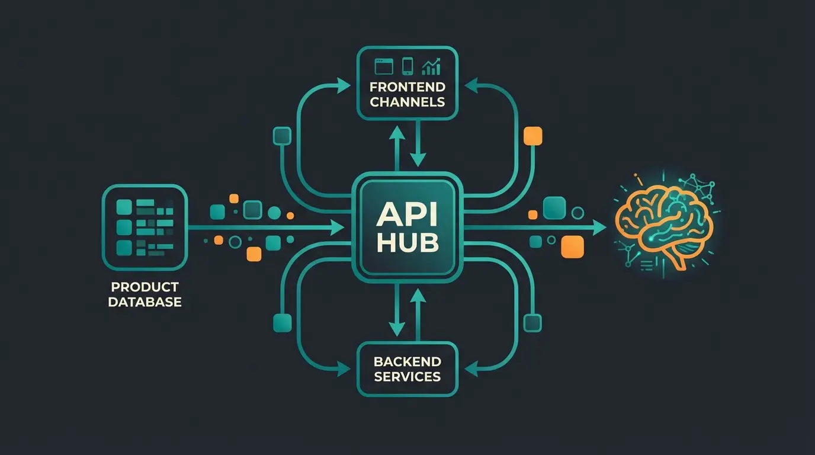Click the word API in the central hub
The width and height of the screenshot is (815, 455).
click(407, 215)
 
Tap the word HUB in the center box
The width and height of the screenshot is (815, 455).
click(407, 243)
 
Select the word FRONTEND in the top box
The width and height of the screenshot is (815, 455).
click(407, 87)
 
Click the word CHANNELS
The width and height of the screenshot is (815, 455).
click(407, 101)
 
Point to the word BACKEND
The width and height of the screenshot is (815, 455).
click(407, 361)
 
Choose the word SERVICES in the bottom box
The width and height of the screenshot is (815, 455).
click(407, 376)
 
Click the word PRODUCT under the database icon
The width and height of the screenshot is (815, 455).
click(145, 287)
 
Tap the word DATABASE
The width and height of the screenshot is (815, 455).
click(145, 302)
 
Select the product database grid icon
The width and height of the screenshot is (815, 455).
click(145, 226)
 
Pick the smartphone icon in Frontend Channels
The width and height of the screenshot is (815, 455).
click(407, 65)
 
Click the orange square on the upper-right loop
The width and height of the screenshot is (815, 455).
click(533, 136)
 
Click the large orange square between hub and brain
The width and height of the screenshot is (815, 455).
click(572, 246)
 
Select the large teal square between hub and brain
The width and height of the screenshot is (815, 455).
click(554, 208)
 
